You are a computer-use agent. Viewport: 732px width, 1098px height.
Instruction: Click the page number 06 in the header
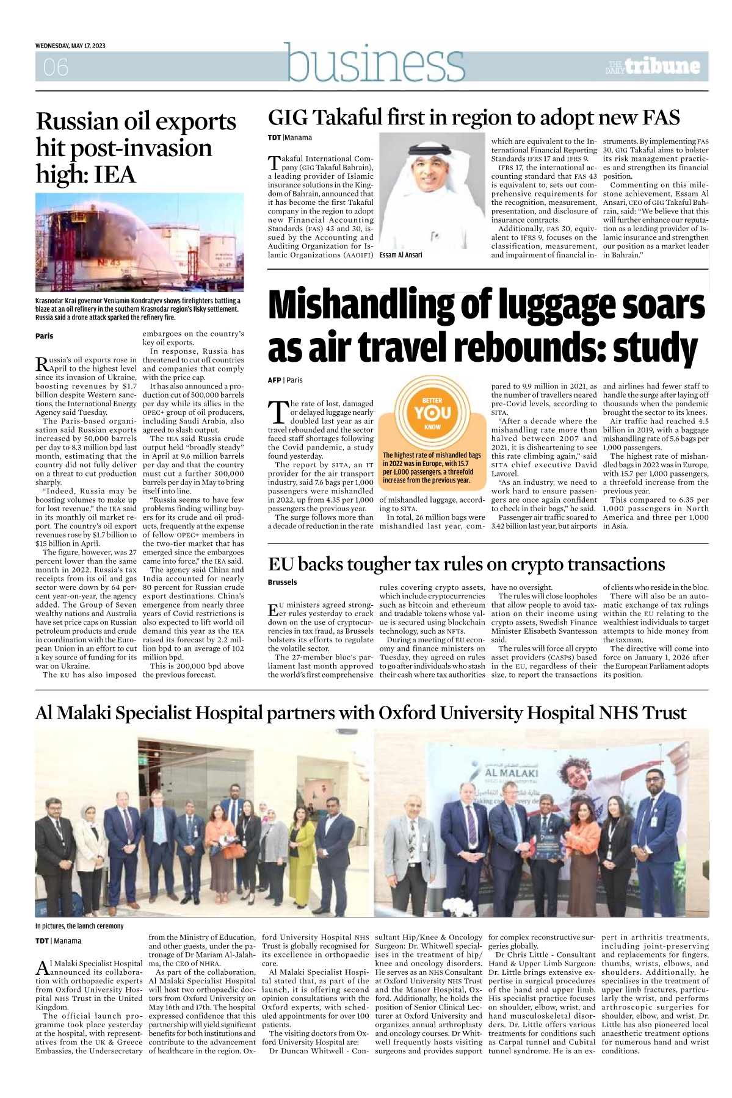click(x=56, y=67)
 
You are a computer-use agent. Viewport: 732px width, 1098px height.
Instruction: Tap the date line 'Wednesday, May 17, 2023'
click(x=70, y=46)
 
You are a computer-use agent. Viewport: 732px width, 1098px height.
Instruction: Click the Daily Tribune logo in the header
click(x=653, y=66)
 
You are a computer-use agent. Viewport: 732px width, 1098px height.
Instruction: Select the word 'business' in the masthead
click(x=375, y=63)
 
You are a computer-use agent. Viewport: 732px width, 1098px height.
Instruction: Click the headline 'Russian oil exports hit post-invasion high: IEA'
click(x=136, y=148)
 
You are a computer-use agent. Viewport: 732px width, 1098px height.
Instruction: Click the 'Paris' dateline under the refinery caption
click(x=45, y=336)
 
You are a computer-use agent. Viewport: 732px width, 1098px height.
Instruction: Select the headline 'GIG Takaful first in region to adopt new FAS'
click(x=474, y=117)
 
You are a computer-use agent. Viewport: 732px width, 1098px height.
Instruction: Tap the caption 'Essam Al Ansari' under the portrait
click(x=400, y=255)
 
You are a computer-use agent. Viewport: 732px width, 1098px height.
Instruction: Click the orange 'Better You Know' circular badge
click(x=432, y=414)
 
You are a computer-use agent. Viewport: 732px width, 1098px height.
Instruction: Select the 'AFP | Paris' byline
click(x=285, y=380)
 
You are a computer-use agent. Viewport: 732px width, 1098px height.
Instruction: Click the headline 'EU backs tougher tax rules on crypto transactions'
click(x=466, y=564)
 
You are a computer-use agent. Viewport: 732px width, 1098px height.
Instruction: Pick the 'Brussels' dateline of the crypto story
click(x=282, y=583)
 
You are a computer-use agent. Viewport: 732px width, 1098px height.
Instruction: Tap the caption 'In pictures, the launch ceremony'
click(x=79, y=926)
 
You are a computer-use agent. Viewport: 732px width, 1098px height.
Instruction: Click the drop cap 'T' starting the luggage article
click(x=278, y=412)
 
